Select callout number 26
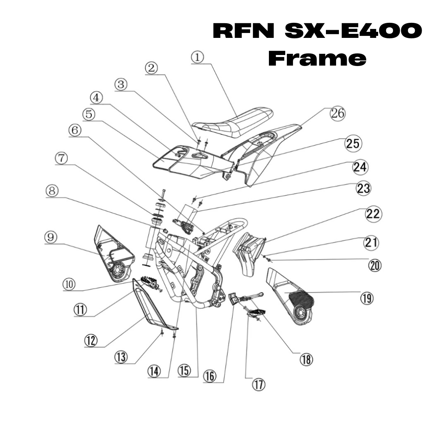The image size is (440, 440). point(338,114)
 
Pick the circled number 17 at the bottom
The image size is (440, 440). point(258,385)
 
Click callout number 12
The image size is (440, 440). point(91,340)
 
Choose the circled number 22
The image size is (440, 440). point(373,214)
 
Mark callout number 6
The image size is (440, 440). point(75,130)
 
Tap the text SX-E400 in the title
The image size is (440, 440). point(353,31)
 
